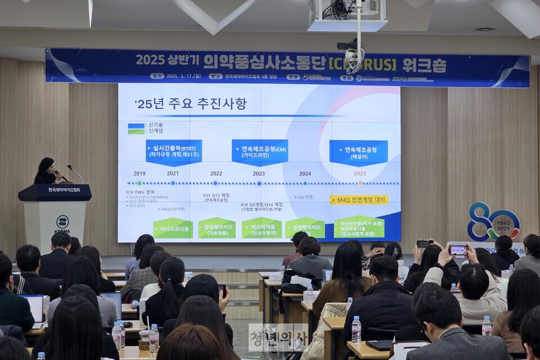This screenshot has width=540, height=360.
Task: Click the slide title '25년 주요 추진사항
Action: click(191, 104)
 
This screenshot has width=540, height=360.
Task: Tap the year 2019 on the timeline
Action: click(139, 173)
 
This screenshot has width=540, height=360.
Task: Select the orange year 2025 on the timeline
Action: click(359, 173)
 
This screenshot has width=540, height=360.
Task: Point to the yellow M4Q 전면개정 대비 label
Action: click(358, 200)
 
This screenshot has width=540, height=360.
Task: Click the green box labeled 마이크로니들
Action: click(173, 228)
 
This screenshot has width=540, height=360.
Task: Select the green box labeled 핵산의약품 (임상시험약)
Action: click(262, 228)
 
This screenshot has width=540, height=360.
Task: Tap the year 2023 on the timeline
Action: click(259, 173)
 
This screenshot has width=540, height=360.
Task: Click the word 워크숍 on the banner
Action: click(424, 65)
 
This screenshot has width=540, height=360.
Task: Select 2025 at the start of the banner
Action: click(150, 60)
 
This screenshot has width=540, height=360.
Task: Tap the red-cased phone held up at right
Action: click(457, 249)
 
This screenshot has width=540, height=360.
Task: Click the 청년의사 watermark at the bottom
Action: click(278, 337)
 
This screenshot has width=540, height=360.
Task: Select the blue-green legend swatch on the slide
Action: click(136, 129)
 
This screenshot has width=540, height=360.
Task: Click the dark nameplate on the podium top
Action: click(55, 192)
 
